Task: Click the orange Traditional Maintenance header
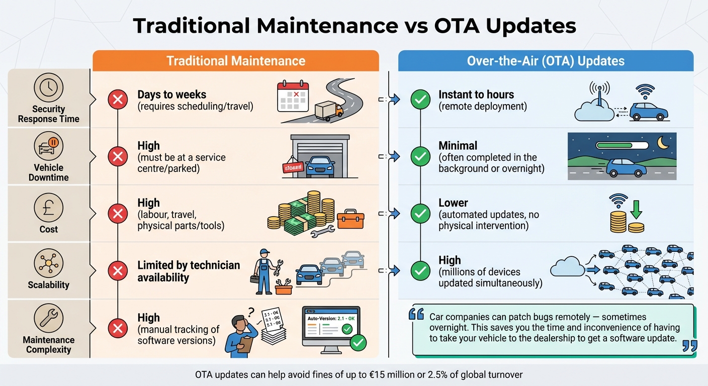click(235, 61)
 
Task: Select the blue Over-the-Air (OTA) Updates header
click(546, 61)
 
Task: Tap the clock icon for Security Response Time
click(49, 88)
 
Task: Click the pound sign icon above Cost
click(49, 207)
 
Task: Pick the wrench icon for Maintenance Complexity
click(49, 319)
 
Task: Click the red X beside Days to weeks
click(118, 100)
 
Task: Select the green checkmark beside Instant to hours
click(420, 100)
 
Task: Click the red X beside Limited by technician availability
click(118, 271)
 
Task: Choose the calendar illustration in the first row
click(292, 96)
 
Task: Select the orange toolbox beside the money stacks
click(350, 219)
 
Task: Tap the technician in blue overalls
click(264, 271)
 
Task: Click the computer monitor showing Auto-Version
click(330, 329)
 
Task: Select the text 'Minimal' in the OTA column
click(458, 146)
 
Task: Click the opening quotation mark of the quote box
click(416, 314)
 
